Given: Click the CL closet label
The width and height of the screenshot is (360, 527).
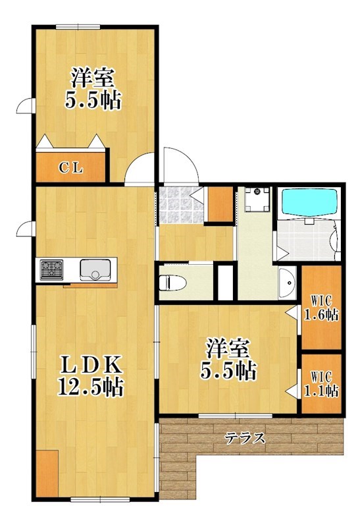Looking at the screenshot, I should coord(71,167).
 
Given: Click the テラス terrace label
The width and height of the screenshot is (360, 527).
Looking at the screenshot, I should coord(245,438).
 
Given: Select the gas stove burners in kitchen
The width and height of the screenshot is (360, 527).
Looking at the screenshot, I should coord(51,269).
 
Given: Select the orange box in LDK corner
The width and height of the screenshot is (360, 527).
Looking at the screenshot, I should coord(46,473).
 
